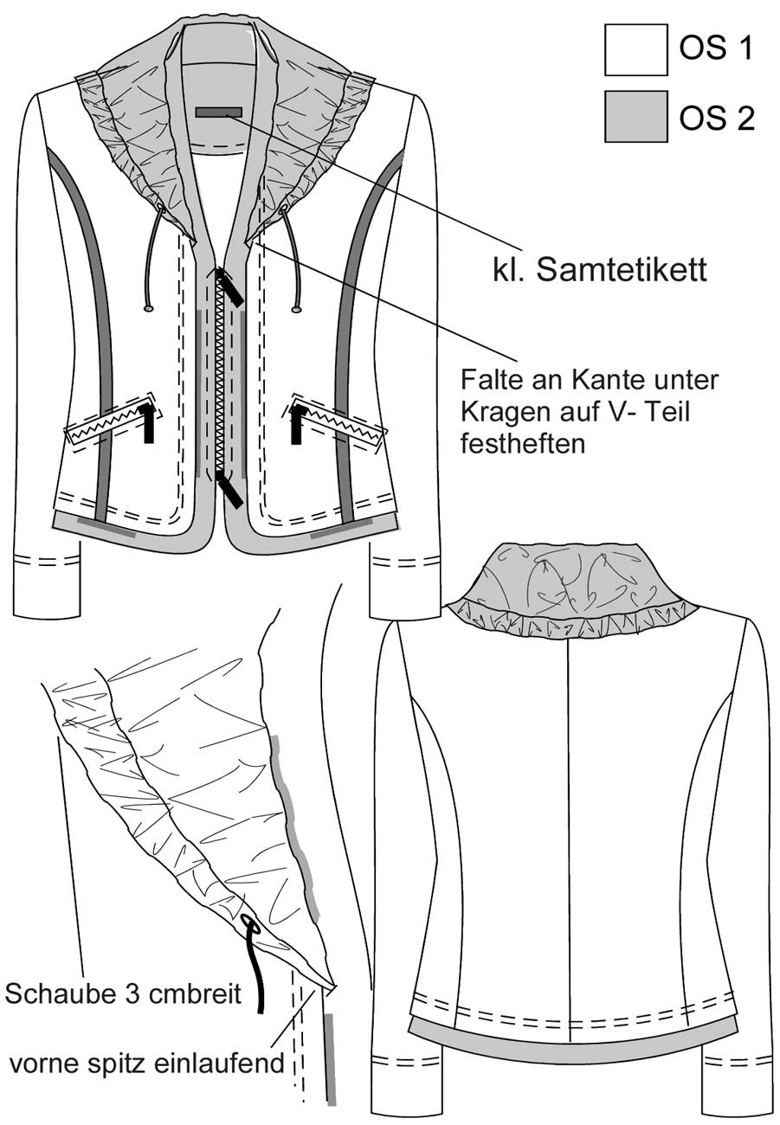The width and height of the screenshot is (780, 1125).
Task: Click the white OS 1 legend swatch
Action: click(635, 50)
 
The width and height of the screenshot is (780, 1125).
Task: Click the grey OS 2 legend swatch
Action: click(635, 116)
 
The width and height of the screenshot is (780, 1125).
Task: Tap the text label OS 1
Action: click(716, 48)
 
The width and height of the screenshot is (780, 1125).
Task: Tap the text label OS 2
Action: click(717, 119)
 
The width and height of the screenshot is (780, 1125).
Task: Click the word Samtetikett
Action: click(622, 269)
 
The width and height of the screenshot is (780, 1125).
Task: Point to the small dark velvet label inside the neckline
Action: click(219, 112)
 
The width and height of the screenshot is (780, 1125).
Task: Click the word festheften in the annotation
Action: click(523, 444)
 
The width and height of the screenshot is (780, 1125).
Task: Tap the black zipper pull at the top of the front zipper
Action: click(229, 286)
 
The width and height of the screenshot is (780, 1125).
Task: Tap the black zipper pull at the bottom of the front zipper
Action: click(229, 489)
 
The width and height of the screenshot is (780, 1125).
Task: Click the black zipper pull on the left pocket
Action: click(146, 422)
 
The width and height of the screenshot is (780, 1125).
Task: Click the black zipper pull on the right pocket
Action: click(298, 423)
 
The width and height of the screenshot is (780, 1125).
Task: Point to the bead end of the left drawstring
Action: click(148, 308)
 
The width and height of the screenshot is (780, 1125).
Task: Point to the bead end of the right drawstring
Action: click(297, 309)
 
